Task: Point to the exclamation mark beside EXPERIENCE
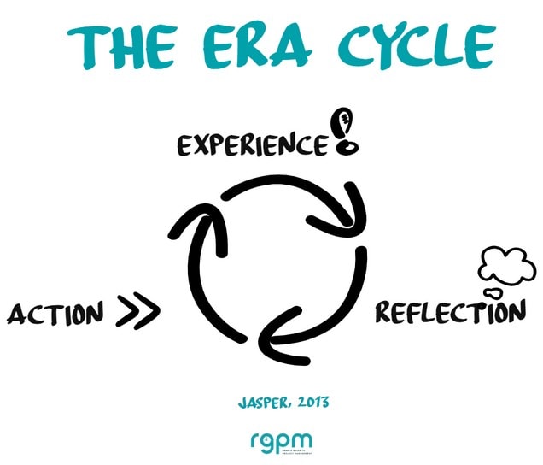point(346,133)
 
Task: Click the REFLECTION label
point(451,312)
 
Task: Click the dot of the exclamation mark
point(346,148)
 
